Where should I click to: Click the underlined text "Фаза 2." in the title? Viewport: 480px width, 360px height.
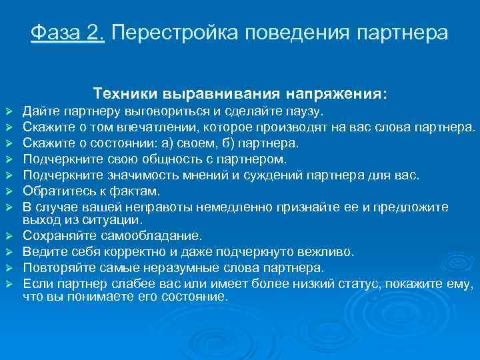coord(67,33)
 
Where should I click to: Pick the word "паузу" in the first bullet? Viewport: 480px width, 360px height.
coord(303,109)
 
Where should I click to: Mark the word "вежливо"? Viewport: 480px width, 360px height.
coord(328,252)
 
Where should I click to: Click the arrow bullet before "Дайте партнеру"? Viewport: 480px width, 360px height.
coord(9,110)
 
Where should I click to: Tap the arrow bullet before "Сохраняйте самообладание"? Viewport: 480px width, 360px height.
coord(9,237)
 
